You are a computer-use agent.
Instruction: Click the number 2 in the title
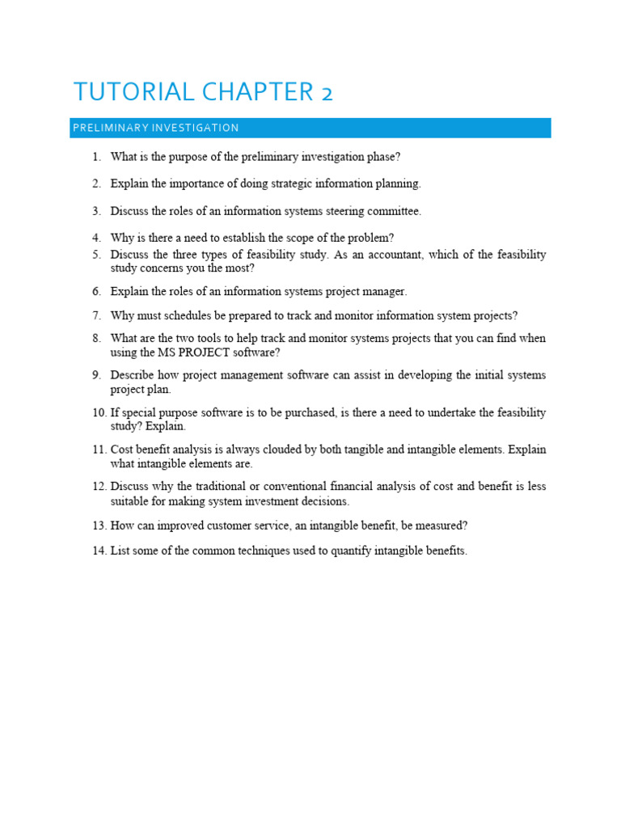326,93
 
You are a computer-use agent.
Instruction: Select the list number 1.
95,156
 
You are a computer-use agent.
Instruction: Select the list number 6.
95,291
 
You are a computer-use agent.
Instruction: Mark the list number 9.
95,375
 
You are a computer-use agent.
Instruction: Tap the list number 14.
99,551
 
